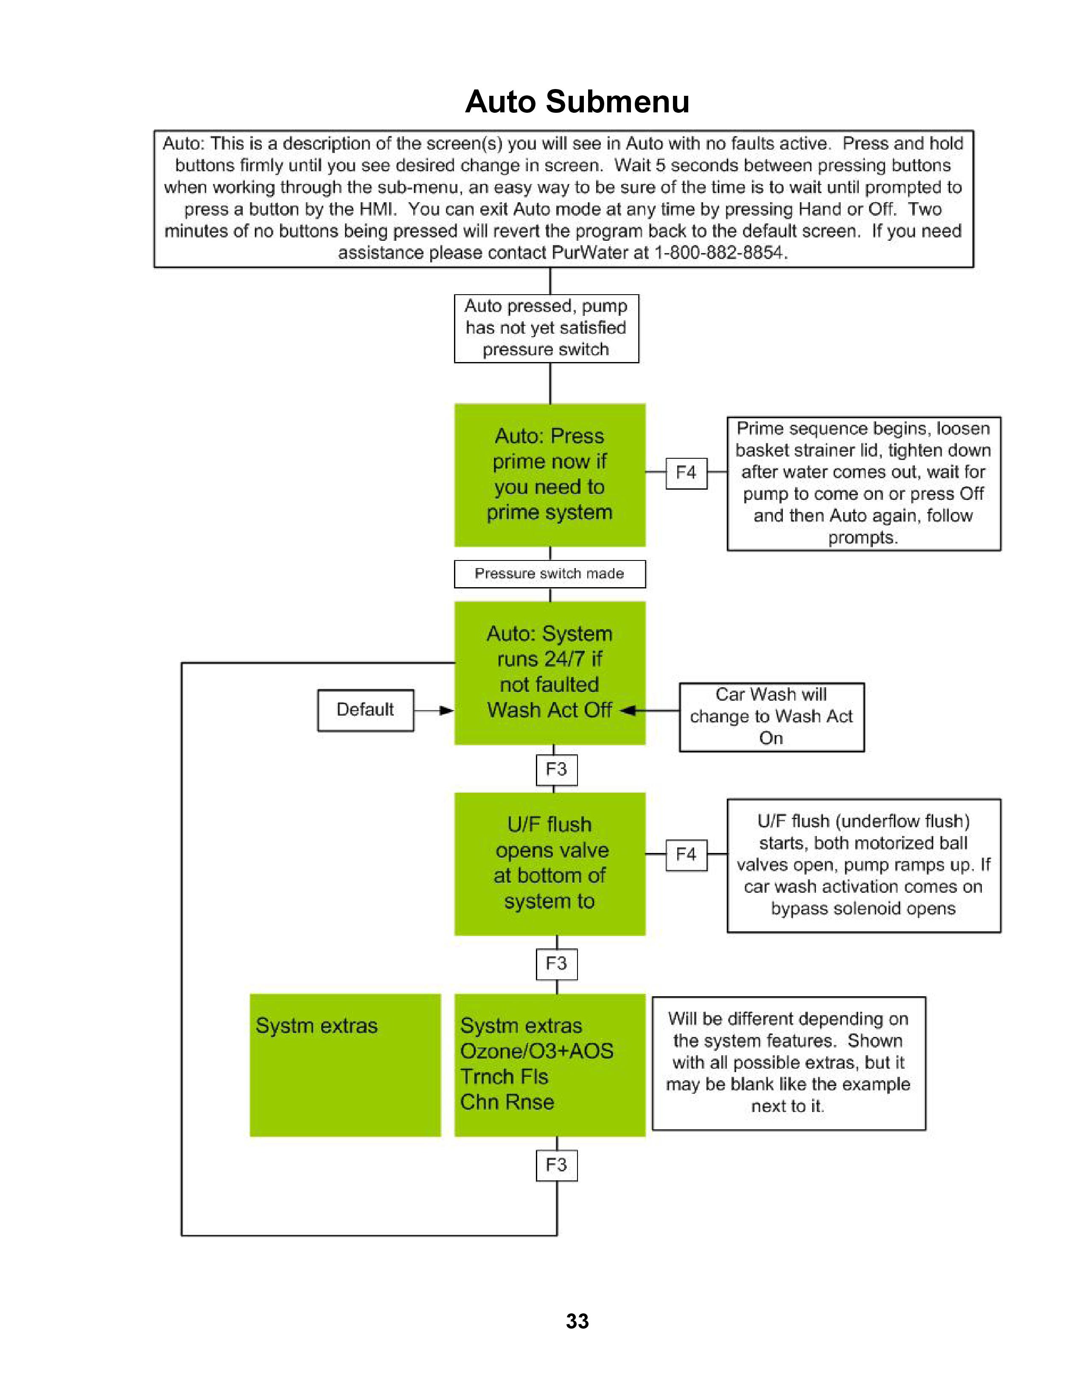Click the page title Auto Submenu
(577, 102)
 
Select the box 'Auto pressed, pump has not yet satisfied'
(546, 328)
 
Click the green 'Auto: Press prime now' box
(549, 475)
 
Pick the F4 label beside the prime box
(686, 473)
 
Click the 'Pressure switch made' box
(549, 573)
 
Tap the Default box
(365, 710)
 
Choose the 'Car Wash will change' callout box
(771, 716)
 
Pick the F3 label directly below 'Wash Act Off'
(556, 769)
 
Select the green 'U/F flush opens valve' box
(549, 864)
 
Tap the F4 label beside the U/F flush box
(686, 855)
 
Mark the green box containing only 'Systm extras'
(345, 1065)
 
